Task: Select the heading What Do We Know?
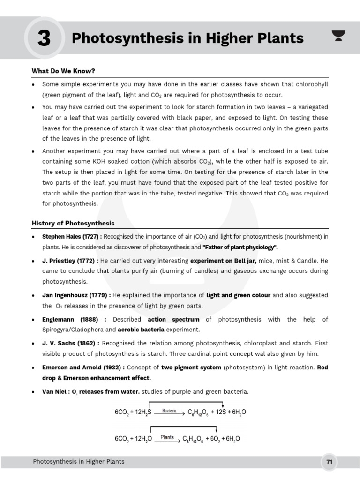(x=63, y=71)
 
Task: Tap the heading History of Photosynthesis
(x=73, y=223)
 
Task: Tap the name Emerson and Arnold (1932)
(x=82, y=367)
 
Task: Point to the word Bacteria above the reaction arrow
(x=169, y=411)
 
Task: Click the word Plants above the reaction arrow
(x=167, y=437)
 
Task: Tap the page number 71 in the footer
(x=330, y=462)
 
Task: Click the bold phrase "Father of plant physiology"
(x=240, y=247)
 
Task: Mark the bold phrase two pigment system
(x=191, y=367)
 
